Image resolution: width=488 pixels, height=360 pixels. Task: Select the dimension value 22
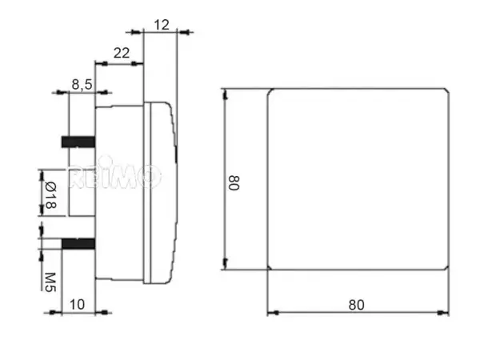[122, 53]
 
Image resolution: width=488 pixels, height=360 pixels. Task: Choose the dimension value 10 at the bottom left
[78, 303]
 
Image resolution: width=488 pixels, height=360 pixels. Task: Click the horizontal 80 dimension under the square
[357, 304]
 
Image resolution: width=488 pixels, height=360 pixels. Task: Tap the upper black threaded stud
[78, 142]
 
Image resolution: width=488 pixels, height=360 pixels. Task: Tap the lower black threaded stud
[78, 244]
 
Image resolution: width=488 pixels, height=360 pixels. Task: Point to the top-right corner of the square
[447, 90]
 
